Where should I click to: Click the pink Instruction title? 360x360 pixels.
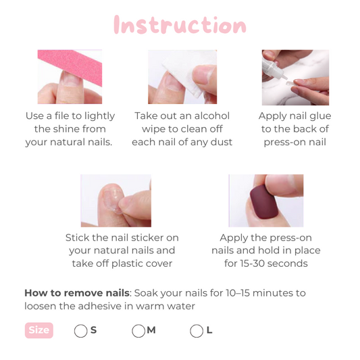[x=180, y=25]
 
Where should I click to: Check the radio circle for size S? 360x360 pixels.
[x=80, y=331]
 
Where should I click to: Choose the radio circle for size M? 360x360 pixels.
[x=138, y=331]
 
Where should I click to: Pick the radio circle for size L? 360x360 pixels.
[x=197, y=331]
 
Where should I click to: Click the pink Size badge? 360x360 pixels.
[x=39, y=330]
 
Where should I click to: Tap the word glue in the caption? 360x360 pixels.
[x=320, y=116]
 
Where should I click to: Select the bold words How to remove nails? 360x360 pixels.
[x=77, y=293]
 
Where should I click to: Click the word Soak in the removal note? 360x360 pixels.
[x=146, y=293]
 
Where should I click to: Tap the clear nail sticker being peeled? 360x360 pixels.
[x=112, y=200]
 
